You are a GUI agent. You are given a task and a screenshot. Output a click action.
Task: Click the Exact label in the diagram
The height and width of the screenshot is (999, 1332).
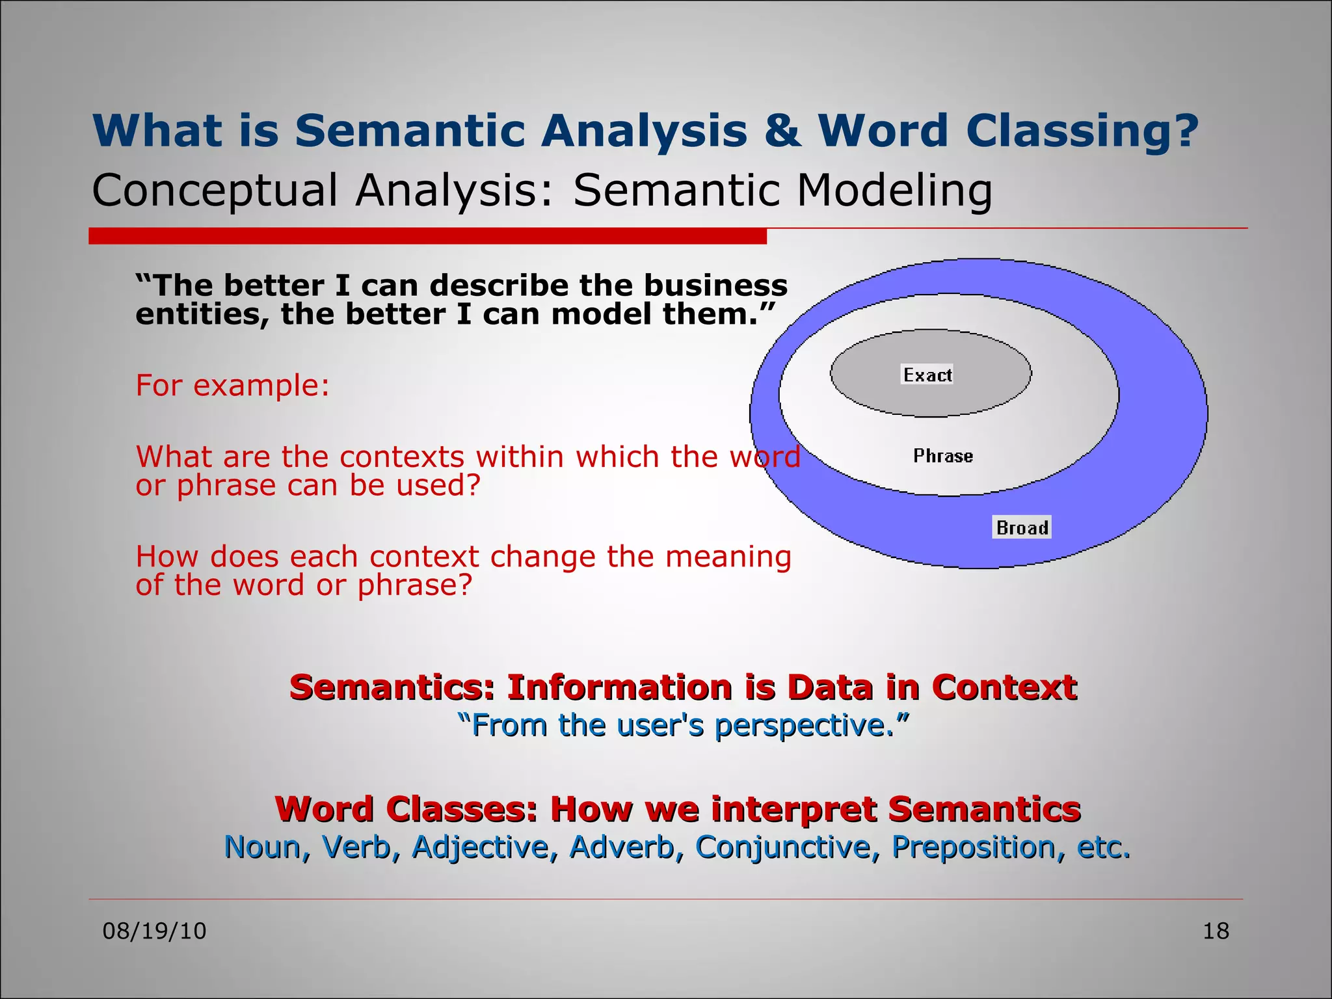pyautogui.click(x=927, y=375)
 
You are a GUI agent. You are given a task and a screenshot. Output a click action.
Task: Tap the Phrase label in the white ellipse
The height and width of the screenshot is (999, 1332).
pyautogui.click(x=942, y=456)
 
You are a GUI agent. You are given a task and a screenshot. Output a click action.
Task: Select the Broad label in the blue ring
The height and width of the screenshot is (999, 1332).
pyautogui.click(x=1022, y=527)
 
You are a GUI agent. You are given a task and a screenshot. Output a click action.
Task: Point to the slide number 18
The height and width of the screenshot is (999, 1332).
pyautogui.click(x=1215, y=931)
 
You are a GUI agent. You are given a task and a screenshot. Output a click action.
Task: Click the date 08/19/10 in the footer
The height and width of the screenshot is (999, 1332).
pyautogui.click(x=154, y=931)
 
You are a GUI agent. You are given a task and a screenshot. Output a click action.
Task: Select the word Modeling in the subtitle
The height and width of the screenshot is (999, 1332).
pyautogui.click(x=894, y=191)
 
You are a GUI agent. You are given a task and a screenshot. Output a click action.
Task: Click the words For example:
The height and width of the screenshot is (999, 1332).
pyautogui.click(x=232, y=385)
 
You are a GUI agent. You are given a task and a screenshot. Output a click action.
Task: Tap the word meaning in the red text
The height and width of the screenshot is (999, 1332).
pyautogui.click(x=728, y=557)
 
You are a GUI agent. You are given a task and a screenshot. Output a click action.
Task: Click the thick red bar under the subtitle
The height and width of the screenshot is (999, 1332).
pyautogui.click(x=427, y=236)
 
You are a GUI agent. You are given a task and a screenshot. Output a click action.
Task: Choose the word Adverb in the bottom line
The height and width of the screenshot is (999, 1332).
pyautogui.click(x=622, y=847)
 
